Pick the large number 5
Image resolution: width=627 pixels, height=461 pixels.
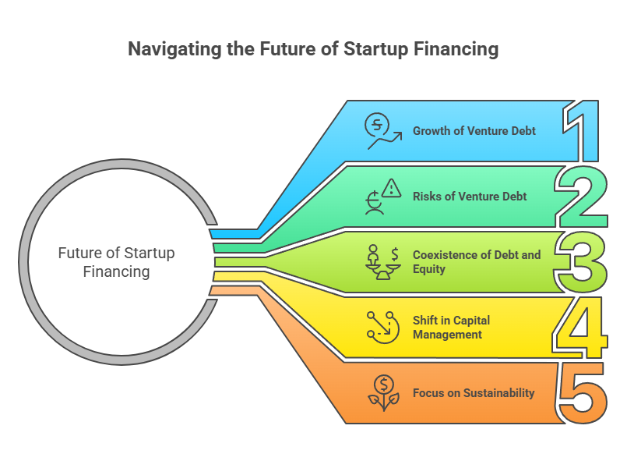tap(580, 393)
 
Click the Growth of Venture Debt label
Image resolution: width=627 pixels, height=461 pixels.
tap(474, 131)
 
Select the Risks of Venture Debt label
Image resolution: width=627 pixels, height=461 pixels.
tap(470, 196)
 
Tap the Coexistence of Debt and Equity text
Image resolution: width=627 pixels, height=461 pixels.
tap(476, 262)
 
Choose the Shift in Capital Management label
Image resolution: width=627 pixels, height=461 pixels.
tap(451, 328)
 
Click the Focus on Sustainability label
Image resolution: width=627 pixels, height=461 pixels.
tap(474, 393)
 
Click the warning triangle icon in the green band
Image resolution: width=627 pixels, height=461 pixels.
tap(382, 196)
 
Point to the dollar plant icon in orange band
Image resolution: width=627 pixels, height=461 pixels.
tap(382, 393)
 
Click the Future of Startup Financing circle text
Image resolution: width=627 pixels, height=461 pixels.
tap(116, 263)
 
